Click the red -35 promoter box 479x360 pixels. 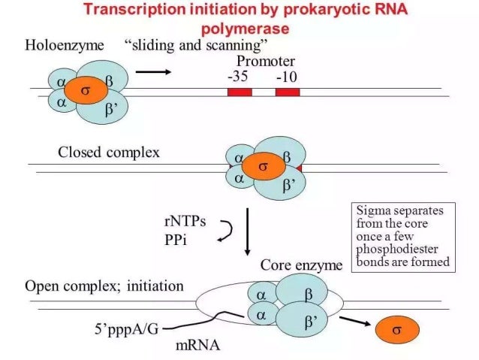pyautogui.click(x=239, y=92)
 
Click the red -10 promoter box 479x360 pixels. pyautogui.click(x=287, y=92)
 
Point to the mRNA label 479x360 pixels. pyautogui.click(x=197, y=346)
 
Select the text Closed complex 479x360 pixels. pyautogui.click(x=109, y=152)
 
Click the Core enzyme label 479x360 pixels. pyautogui.click(x=300, y=265)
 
